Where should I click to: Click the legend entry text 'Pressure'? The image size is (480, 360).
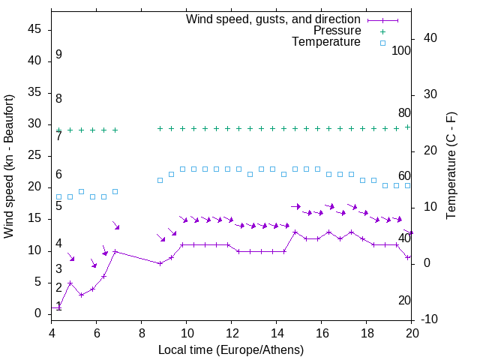[337, 31]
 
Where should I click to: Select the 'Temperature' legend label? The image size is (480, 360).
[326, 42]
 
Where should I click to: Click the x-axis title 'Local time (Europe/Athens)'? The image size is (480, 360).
[232, 350]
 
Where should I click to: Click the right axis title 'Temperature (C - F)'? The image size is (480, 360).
[451, 166]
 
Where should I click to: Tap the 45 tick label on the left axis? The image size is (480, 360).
[34, 29]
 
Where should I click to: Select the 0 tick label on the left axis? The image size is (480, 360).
[37, 313]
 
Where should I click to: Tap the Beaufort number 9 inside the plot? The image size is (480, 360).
[58, 55]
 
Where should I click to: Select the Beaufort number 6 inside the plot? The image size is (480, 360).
[58, 175]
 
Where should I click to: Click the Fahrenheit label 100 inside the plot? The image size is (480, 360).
[401, 50]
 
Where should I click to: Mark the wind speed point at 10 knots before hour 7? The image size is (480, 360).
[115, 250]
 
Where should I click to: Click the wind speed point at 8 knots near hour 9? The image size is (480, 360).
[160, 263]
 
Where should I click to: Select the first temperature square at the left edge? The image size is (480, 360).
[58, 196]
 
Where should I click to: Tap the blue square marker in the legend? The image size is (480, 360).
[382, 43]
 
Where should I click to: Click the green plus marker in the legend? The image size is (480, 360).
[382, 31]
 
